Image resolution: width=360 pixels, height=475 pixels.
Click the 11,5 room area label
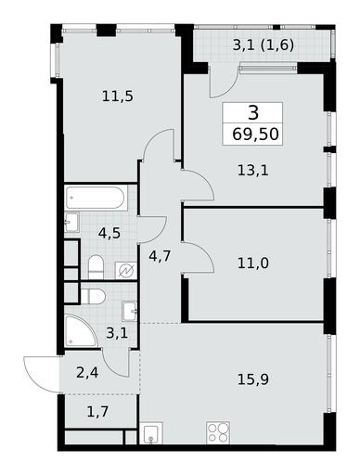point(118,96)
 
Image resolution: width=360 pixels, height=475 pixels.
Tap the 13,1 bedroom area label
point(253,171)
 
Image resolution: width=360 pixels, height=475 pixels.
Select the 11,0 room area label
point(253,263)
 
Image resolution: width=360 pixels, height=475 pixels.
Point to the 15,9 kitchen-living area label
point(253,379)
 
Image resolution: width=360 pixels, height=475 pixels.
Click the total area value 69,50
point(255,135)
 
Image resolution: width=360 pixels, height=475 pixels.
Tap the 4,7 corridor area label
point(160,256)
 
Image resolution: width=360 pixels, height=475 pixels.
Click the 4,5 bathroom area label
point(109,233)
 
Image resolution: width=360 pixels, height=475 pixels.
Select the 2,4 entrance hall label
point(87,373)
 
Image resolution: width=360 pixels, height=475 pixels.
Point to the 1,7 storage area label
point(97,412)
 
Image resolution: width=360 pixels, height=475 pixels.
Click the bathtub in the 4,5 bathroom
point(96,198)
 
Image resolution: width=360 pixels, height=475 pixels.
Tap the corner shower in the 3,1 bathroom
point(81,331)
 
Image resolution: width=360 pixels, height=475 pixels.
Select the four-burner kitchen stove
point(218,432)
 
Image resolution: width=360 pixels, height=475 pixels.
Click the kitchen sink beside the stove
point(151,433)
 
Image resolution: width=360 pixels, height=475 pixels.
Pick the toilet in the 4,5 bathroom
point(96,266)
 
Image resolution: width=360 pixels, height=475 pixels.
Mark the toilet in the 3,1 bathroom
point(93,296)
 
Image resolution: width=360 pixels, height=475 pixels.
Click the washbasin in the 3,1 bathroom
point(130,311)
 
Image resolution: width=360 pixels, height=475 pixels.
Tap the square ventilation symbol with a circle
point(126,271)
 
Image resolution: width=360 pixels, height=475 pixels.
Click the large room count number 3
point(253,113)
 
